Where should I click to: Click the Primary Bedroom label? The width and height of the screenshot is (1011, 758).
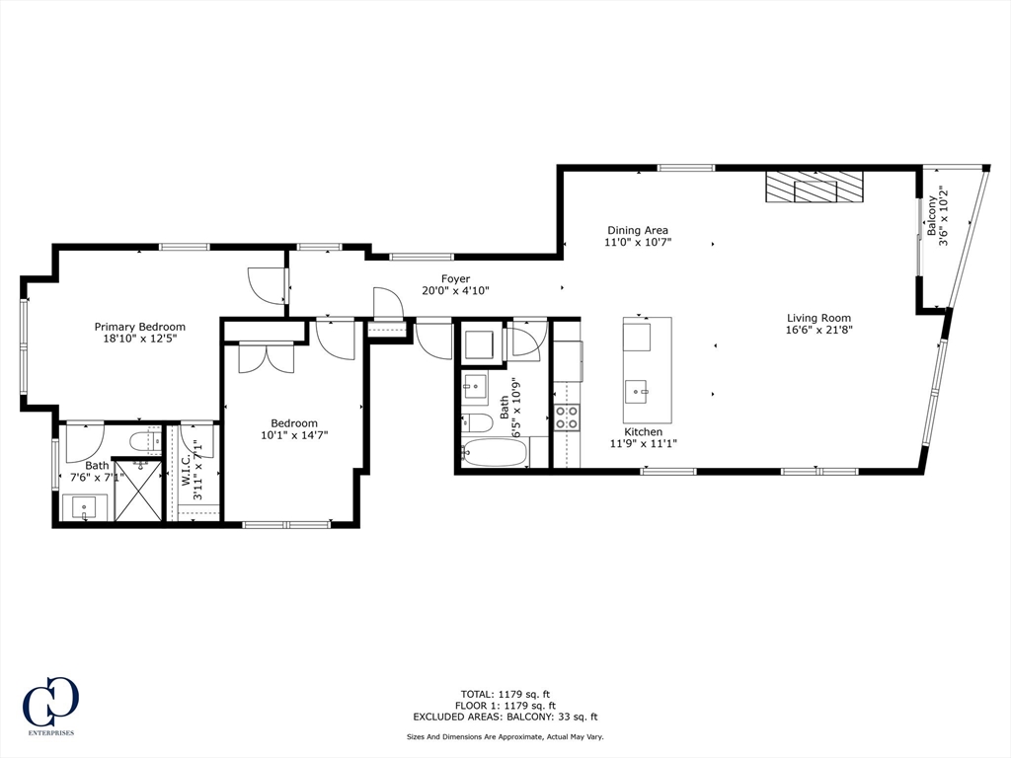139,327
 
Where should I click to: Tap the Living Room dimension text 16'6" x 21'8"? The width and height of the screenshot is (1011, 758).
818,331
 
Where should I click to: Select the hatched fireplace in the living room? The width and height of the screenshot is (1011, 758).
815,187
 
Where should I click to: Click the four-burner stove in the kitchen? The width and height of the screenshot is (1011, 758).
567,417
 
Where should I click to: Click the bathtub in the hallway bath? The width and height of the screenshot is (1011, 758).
495,453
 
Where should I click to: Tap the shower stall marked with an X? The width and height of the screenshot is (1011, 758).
137,490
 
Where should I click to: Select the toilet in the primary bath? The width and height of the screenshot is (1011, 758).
145,439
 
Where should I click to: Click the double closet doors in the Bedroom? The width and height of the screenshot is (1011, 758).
266,356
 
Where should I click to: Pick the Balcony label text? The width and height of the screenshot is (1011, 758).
930,215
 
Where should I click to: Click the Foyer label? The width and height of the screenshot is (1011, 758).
455,279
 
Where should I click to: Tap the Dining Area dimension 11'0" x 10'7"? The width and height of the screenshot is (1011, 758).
637,242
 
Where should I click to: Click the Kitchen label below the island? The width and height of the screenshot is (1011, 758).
643,432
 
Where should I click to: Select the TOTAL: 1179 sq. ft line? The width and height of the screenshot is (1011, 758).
505,693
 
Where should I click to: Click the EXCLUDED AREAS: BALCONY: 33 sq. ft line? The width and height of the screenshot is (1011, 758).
505,718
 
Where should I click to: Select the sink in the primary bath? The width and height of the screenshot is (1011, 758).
85,508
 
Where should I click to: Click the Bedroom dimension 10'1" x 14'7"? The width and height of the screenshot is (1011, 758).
294,435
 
